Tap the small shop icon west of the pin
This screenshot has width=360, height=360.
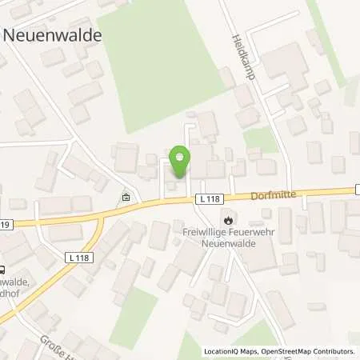click(x=126, y=197)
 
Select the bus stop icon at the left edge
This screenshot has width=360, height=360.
click(x=3, y=270)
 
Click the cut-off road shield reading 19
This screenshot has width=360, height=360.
click(x=4, y=225)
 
